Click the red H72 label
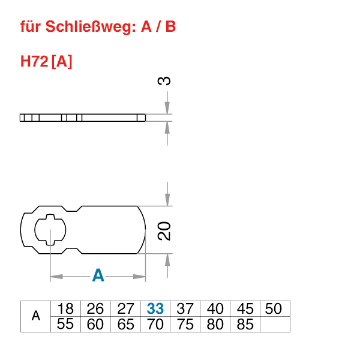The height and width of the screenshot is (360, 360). [34, 61]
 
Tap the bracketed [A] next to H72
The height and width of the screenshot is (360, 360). [62, 61]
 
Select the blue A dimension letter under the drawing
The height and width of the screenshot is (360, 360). [98, 276]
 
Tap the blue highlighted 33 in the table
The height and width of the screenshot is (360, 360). [155, 309]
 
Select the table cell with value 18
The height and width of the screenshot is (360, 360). [65, 309]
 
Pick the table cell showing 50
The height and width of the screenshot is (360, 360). [274, 309]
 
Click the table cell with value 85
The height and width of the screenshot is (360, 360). [245, 325]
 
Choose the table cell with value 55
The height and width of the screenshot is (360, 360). [65, 325]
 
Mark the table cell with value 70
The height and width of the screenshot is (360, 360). [155, 325]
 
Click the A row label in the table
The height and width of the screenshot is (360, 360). [35, 316]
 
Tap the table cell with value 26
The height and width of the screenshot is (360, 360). [95, 309]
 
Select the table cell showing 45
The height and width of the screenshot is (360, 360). [245, 309]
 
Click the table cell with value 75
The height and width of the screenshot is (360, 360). [185, 325]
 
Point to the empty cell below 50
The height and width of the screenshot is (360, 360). [275, 325]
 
